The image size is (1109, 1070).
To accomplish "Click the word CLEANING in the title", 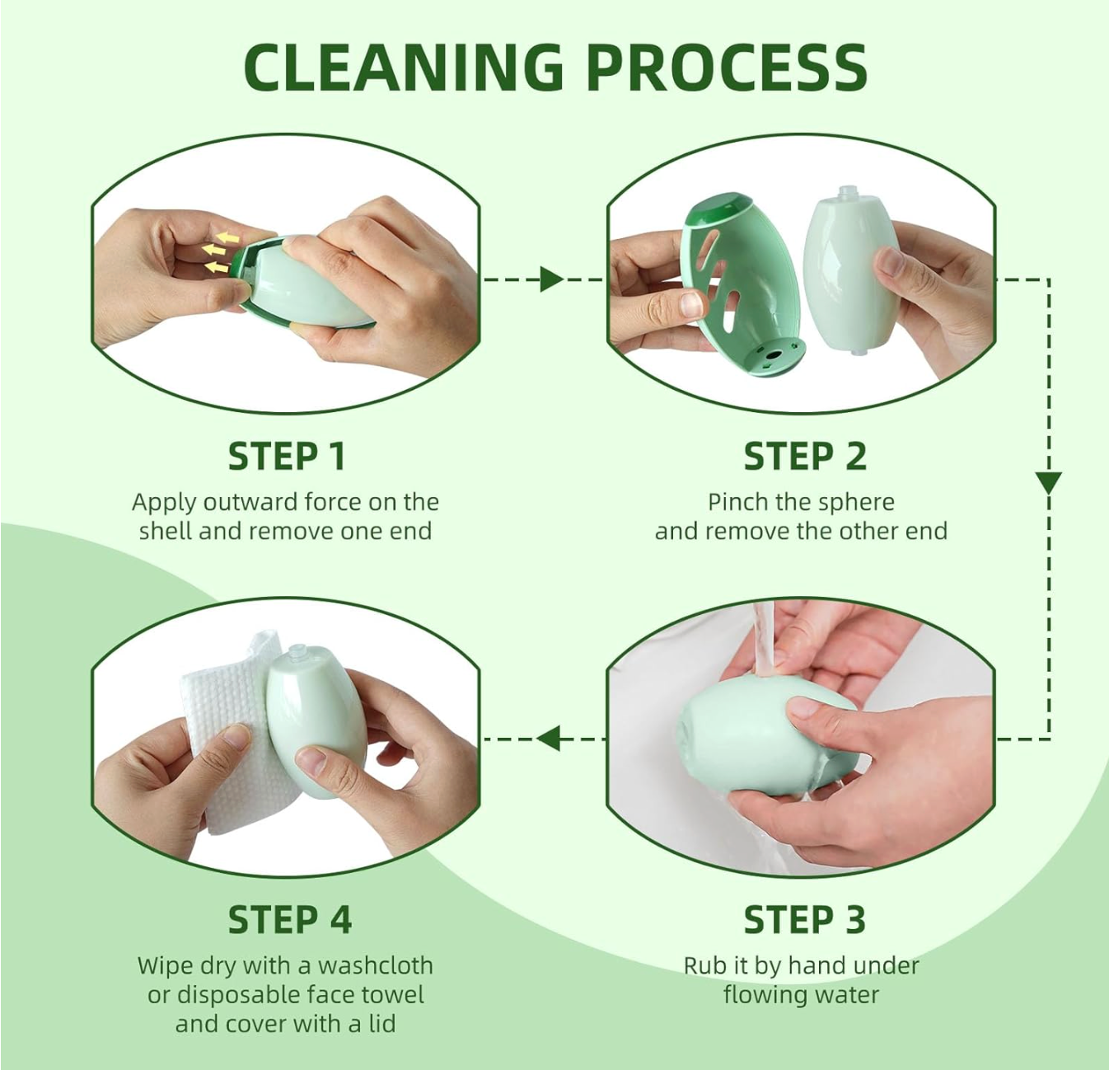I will coord(403,67).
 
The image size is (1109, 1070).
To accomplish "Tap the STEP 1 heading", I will coord(286,457).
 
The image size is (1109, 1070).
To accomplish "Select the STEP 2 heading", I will coord(804,457).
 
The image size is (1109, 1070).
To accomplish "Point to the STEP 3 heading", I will coord(804,920).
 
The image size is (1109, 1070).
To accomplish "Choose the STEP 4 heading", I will coord(289,920).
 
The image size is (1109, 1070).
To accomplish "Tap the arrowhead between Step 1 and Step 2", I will coord(550,279).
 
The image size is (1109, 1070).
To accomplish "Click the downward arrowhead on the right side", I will coord(1048,482).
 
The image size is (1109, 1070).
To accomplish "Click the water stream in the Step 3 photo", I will coord(764,639).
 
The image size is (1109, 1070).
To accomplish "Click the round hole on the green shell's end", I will coord(772,356).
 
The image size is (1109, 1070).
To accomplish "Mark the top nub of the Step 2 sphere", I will coord(847,194).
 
